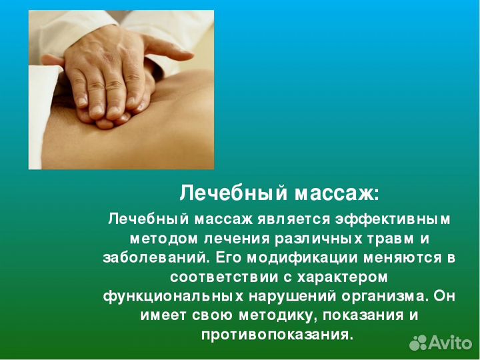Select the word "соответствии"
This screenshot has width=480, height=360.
click(x=215, y=276)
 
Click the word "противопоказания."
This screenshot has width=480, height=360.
click(x=277, y=333)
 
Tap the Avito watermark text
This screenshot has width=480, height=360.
click(x=450, y=343)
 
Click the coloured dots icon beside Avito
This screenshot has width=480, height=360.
click(x=418, y=343)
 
